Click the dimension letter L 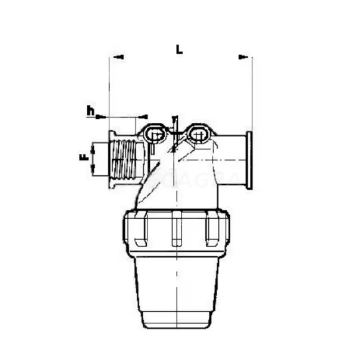click(x=179, y=49)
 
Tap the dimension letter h click(x=90, y=110)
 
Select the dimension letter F click(x=83, y=158)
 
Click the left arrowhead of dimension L click(x=119, y=57)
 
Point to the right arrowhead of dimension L click(x=243, y=57)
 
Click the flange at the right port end click(x=249, y=160)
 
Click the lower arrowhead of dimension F click(x=93, y=171)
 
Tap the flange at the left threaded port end click(x=111, y=160)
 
